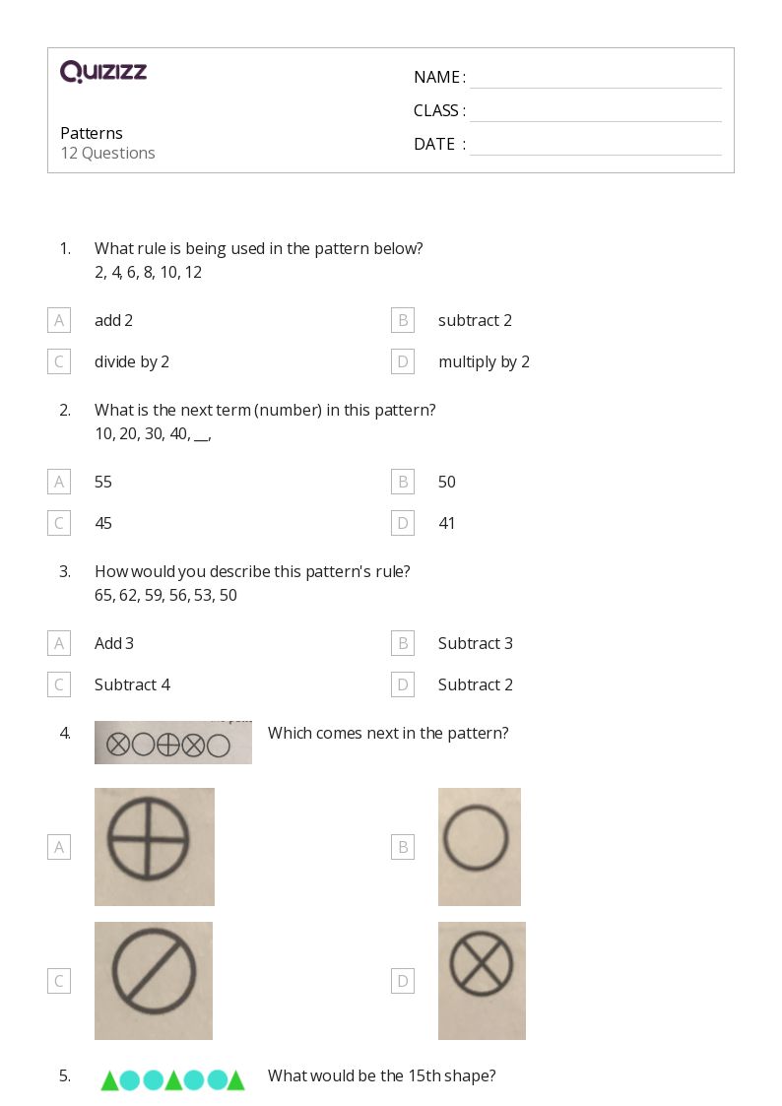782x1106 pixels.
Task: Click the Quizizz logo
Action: pyautogui.click(x=103, y=72)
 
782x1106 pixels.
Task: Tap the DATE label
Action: pyautogui.click(x=434, y=144)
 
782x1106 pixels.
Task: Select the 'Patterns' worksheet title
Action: pyautogui.click(x=92, y=133)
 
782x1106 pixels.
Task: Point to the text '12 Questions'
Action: pyautogui.click(x=107, y=153)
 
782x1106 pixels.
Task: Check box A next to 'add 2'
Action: pyautogui.click(x=59, y=320)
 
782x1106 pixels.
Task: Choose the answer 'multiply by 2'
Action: pyautogui.click(x=484, y=361)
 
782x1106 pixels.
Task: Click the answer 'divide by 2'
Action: pyautogui.click(x=132, y=361)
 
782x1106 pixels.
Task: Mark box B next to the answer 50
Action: pyautogui.click(x=402, y=482)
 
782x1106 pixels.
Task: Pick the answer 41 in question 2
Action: pyautogui.click(x=447, y=523)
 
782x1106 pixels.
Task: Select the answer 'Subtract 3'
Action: pyautogui.click(x=476, y=643)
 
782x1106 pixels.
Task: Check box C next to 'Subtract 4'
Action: pyautogui.click(x=59, y=684)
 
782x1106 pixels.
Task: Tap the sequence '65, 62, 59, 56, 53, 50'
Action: pyautogui.click(x=165, y=595)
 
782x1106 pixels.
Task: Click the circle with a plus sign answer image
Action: pyautogui.click(x=154, y=846)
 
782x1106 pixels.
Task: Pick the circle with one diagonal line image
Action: pyautogui.click(x=153, y=980)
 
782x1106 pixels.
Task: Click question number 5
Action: pyautogui.click(x=65, y=1075)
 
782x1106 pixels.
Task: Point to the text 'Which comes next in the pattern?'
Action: pyautogui.click(x=388, y=733)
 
